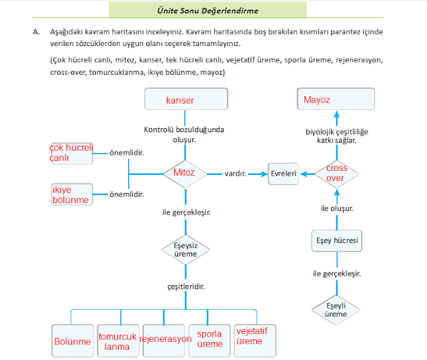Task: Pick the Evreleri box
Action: point(283,174)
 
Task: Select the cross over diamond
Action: point(336,174)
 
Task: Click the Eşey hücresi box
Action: point(337,240)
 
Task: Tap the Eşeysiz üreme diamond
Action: point(185,250)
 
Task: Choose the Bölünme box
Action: point(72,341)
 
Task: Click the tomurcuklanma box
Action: point(117,341)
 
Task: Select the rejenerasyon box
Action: point(164,341)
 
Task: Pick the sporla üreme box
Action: point(209,341)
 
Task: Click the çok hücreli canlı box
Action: point(71,153)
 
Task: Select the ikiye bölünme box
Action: point(71,194)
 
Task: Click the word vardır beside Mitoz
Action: point(236,174)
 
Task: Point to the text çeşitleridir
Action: point(185,286)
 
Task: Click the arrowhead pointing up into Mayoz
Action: point(337,116)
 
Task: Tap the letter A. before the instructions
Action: point(36,32)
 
